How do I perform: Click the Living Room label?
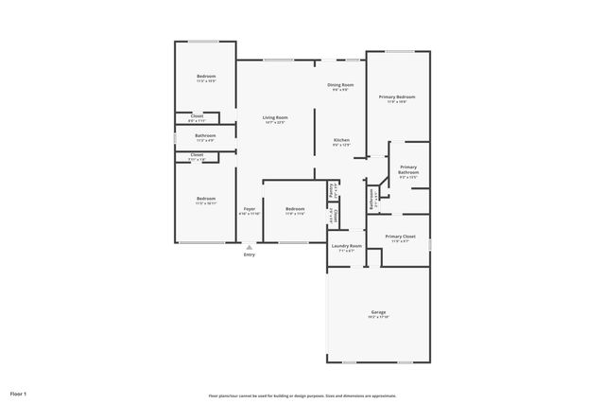275,117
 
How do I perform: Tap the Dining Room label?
340,85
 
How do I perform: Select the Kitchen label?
341,140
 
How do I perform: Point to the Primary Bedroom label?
397,97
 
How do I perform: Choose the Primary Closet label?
401,236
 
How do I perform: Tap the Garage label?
378,311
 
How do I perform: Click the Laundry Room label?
347,246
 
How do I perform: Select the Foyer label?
249,208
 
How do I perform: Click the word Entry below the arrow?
249,255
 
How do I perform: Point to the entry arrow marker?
249,246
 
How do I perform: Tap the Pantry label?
332,190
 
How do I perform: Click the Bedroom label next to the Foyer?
295,208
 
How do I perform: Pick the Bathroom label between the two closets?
205,135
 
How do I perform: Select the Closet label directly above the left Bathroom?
197,116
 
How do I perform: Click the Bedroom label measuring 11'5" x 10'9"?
206,76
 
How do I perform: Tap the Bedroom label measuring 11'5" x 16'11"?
206,198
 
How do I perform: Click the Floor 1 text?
19,393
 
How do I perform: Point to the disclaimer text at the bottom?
302,395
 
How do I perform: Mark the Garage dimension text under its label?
378,317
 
